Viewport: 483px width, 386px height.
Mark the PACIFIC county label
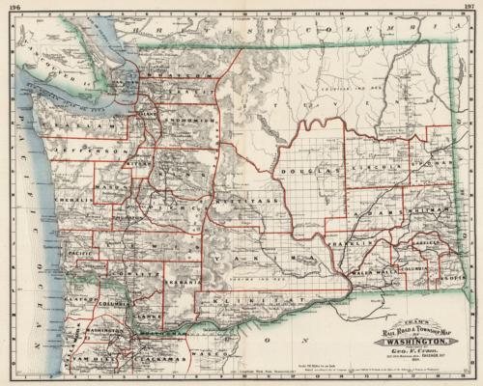coord(79,250)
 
